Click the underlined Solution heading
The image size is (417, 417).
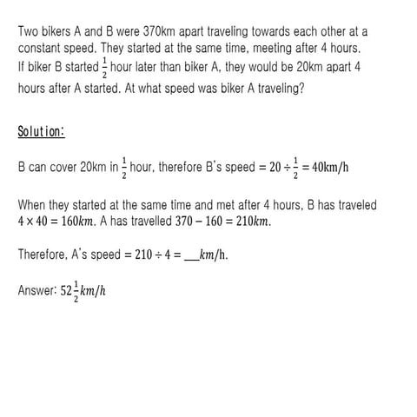pos(40,131)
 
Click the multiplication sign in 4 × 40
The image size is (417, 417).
pos(29,222)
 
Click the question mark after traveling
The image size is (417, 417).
pos(301,87)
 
